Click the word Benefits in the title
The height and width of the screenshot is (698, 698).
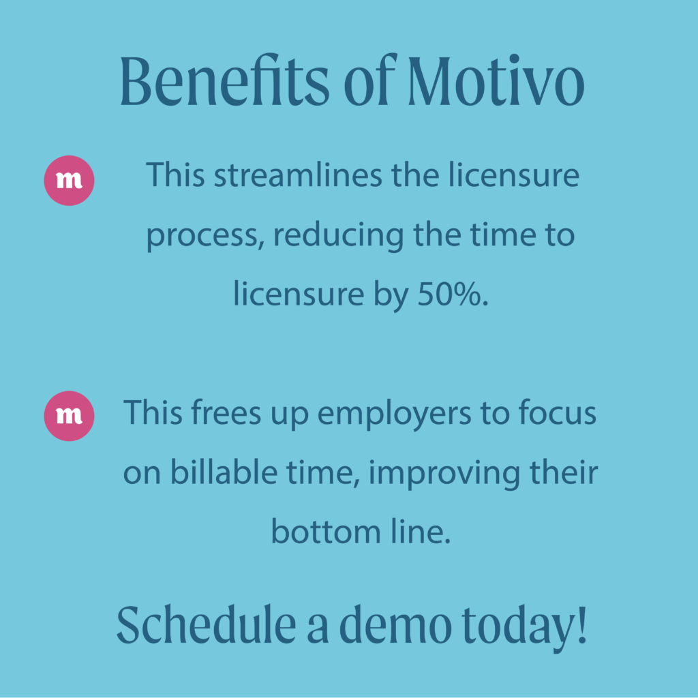tap(225, 80)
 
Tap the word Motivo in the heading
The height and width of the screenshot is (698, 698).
tap(496, 81)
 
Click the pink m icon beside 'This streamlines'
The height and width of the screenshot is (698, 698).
tap(69, 180)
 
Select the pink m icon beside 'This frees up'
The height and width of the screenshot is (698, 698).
tap(69, 416)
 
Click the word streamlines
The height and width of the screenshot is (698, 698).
tap(298, 174)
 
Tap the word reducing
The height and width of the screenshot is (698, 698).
tap(338, 237)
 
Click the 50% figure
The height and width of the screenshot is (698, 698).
tap(453, 294)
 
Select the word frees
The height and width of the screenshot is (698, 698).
tap(226, 412)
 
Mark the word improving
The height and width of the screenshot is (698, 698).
tap(444, 474)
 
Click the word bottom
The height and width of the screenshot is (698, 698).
tap(326, 532)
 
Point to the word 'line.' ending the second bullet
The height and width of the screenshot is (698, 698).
tap(421, 532)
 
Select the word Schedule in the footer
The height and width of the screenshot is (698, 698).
tap(206, 624)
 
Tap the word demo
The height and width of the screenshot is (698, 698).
tap(395, 624)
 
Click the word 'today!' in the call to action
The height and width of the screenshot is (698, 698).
tap(524, 628)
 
